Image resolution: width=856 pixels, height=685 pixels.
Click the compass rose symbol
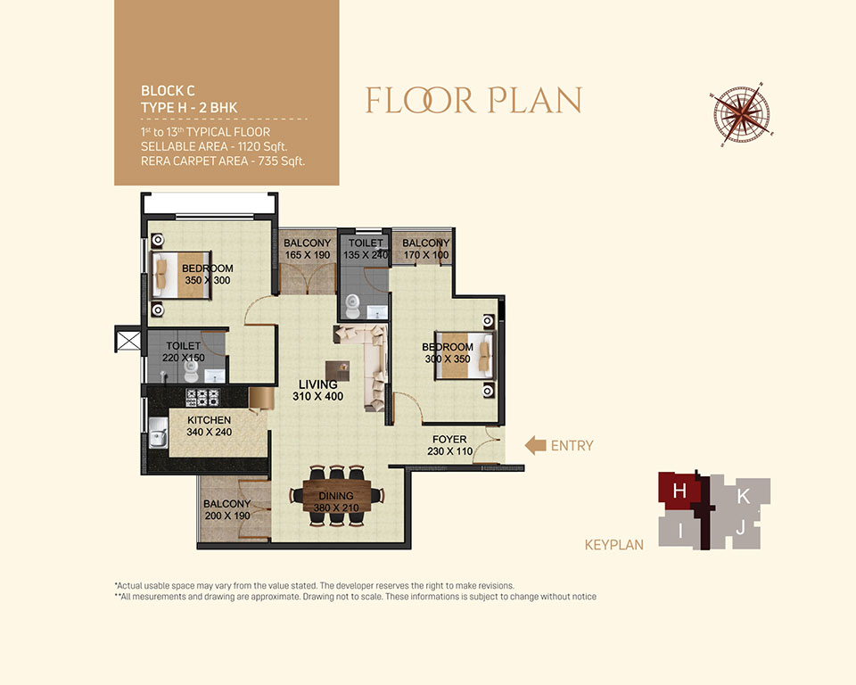point(742,115)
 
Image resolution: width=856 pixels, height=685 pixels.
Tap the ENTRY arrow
point(536,445)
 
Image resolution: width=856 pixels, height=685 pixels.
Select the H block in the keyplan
point(679,491)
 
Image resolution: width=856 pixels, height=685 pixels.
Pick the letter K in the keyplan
point(743,496)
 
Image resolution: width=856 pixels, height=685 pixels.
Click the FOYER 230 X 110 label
point(449,445)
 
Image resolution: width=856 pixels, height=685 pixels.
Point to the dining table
point(337,495)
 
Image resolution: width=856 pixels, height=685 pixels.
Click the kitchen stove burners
point(202,397)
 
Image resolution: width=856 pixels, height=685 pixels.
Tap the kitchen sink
point(159,433)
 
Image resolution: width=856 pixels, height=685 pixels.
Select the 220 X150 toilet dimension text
point(184,358)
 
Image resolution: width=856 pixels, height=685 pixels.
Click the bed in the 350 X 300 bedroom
point(181,276)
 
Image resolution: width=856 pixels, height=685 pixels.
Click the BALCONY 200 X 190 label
point(227,509)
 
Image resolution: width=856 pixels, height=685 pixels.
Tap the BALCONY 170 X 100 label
point(426,249)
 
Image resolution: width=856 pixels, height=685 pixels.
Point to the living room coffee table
point(337,372)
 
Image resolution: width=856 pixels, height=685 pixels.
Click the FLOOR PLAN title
point(473,101)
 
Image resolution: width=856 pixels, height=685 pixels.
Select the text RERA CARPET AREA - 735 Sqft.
point(223,161)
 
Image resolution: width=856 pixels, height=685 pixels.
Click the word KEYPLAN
point(614,545)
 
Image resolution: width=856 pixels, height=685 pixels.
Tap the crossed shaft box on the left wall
point(128,340)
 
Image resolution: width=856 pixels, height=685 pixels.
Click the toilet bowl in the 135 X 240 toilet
point(353,306)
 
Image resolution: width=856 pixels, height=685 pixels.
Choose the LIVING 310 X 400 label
point(317,390)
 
